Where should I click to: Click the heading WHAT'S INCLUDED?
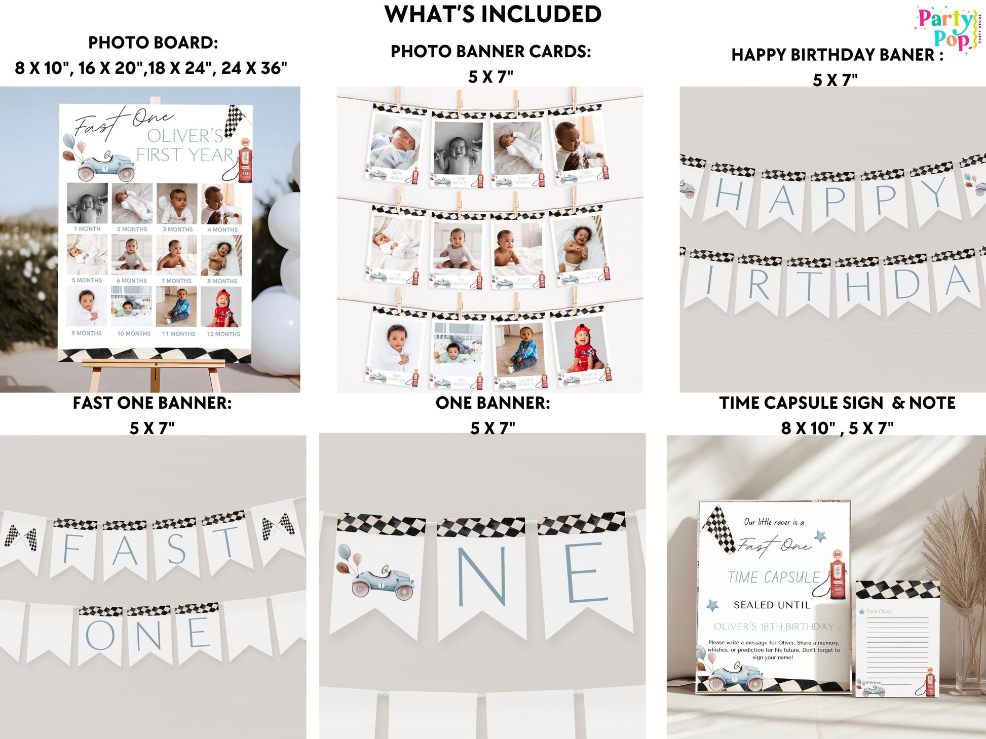tap(492, 14)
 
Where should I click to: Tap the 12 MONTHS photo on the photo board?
tap(221, 307)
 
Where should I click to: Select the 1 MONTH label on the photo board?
tap(87, 229)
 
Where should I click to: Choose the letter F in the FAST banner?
tap(72, 550)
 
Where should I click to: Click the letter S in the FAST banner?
tap(176, 549)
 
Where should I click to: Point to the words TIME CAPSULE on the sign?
tap(773, 577)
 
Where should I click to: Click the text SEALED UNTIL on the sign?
tap(772, 605)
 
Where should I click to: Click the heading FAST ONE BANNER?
tap(152, 403)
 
